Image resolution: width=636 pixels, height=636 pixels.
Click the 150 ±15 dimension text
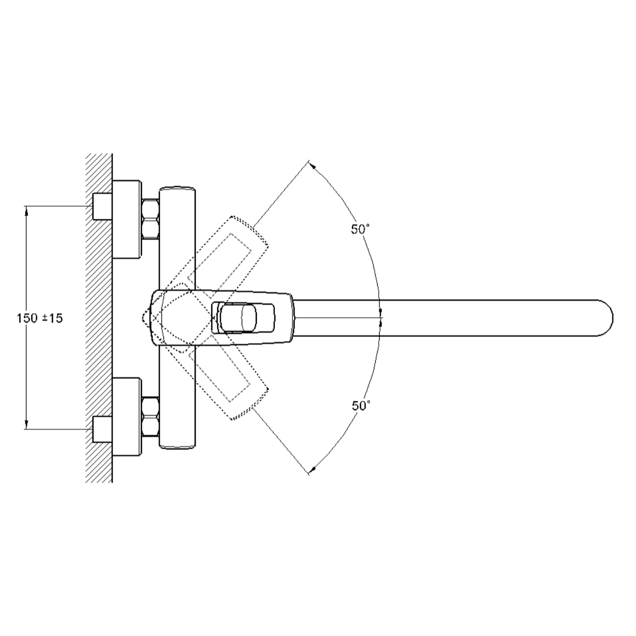[40, 318]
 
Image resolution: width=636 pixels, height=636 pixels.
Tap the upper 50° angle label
[360, 229]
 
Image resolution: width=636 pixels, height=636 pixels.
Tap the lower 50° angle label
[361, 406]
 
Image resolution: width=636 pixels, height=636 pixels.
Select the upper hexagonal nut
[150, 218]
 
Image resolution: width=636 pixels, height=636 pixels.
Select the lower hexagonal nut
[150, 417]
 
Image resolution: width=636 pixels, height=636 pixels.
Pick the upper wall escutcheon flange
[127, 219]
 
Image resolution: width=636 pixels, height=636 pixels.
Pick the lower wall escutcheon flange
[127, 417]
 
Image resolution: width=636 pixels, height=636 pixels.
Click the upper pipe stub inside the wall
[102, 206]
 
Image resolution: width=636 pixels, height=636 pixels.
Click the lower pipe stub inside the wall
[102, 429]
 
